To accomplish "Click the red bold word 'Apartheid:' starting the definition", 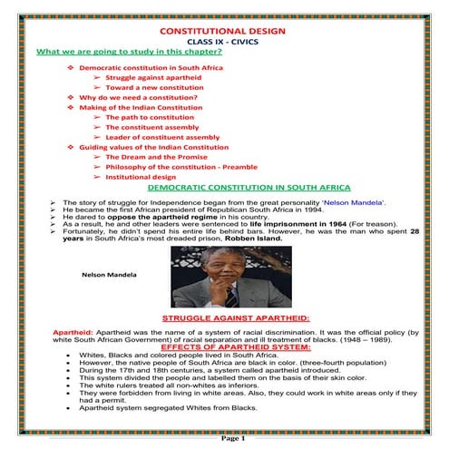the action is tap(48, 332).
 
